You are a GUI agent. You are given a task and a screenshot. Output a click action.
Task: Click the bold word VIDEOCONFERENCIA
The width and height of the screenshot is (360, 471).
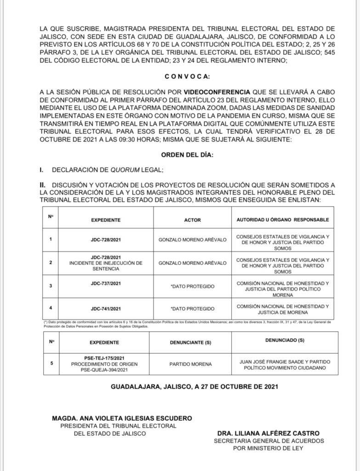pyautogui.click(x=215, y=92)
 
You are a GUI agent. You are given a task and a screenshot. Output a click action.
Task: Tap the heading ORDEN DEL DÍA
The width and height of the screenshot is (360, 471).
pyautogui.click(x=188, y=155)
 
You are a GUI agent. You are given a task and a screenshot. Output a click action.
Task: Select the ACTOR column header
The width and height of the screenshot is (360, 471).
pyautogui.click(x=192, y=220)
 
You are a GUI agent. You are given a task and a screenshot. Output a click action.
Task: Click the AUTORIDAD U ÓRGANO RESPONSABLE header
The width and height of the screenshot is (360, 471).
pyautogui.click(x=283, y=220)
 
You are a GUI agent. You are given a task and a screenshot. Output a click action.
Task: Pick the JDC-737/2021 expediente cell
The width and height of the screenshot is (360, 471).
pyautogui.click(x=106, y=284)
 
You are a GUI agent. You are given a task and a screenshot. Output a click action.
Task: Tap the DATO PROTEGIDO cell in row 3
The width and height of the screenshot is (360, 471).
pyautogui.click(x=192, y=286)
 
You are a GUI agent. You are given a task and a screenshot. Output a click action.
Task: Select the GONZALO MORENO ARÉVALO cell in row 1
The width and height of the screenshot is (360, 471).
pyautogui.click(x=192, y=239)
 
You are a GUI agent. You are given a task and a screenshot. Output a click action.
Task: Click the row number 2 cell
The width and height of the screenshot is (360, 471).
pyautogui.click(x=51, y=263)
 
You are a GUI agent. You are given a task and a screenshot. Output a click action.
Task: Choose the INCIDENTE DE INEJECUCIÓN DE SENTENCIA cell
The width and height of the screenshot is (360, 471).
pyautogui.click(x=106, y=263)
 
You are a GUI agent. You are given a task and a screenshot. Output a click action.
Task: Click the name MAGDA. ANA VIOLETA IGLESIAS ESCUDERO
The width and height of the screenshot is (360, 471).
pyautogui.click(x=121, y=418)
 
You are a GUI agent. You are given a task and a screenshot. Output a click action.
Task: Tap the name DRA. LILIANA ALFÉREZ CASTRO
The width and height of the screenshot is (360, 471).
pyautogui.click(x=269, y=433)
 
